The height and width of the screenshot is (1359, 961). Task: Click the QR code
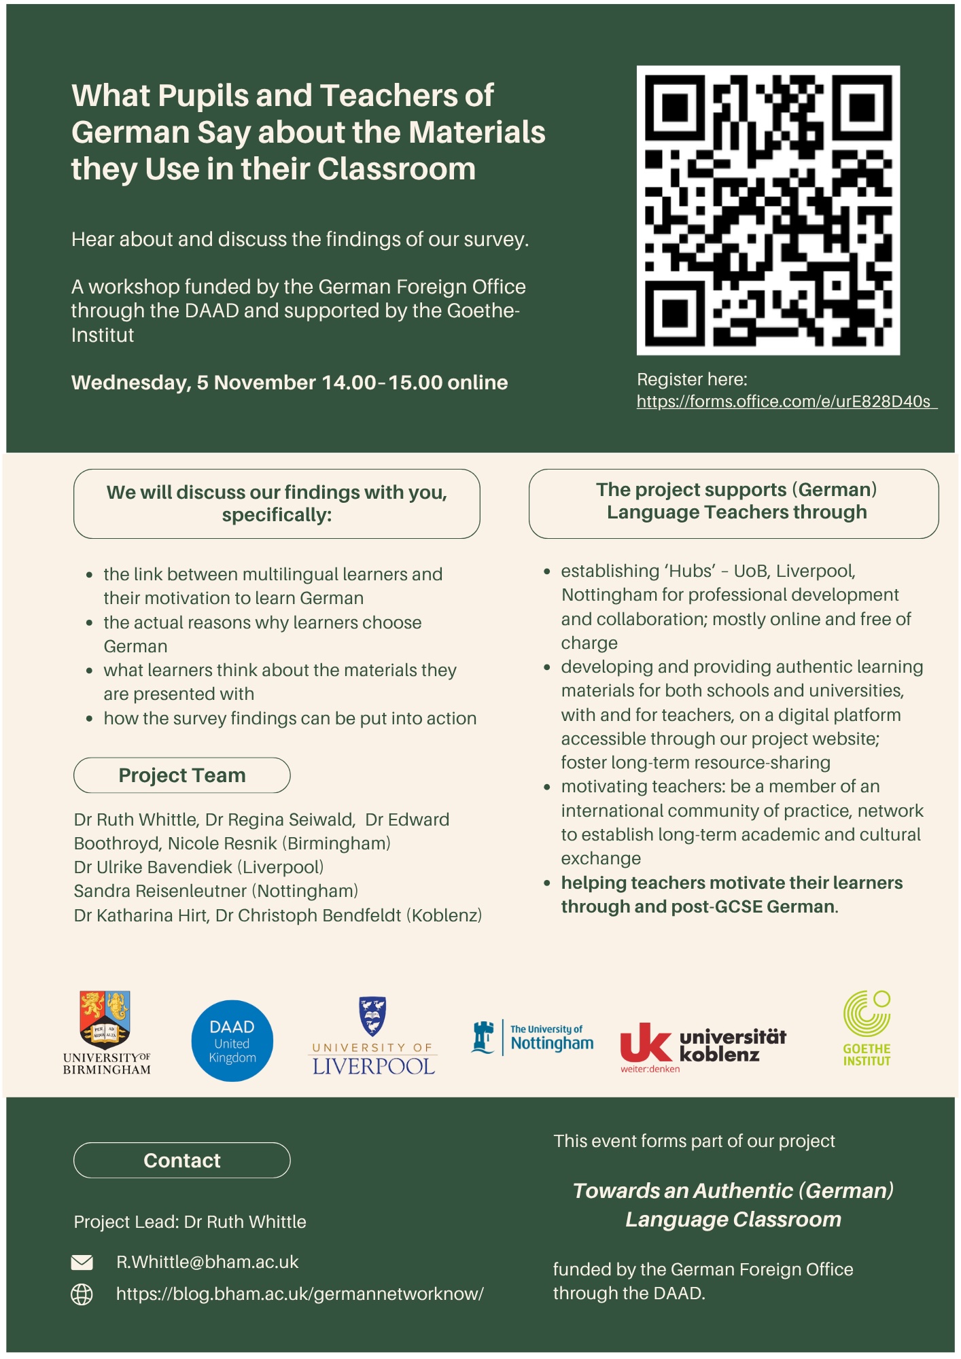[x=768, y=210]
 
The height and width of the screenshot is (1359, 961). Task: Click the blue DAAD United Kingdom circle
[x=232, y=1041]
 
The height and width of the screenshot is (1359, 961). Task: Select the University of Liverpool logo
[x=373, y=1036]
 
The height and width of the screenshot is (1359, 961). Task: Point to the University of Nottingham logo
[x=533, y=1038]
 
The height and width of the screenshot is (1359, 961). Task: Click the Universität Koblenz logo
[x=703, y=1046]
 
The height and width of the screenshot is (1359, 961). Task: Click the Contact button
[x=181, y=1161]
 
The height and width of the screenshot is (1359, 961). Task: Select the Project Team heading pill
[x=181, y=775]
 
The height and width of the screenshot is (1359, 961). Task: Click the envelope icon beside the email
[x=82, y=1263]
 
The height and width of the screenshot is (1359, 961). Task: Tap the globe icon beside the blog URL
[x=82, y=1294]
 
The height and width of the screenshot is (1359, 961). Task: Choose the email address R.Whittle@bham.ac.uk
[x=207, y=1263]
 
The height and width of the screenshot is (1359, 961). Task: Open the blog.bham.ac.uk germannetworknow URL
[x=300, y=1294]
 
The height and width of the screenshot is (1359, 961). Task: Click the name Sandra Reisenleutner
[x=160, y=892]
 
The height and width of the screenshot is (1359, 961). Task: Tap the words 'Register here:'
[x=692, y=380]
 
